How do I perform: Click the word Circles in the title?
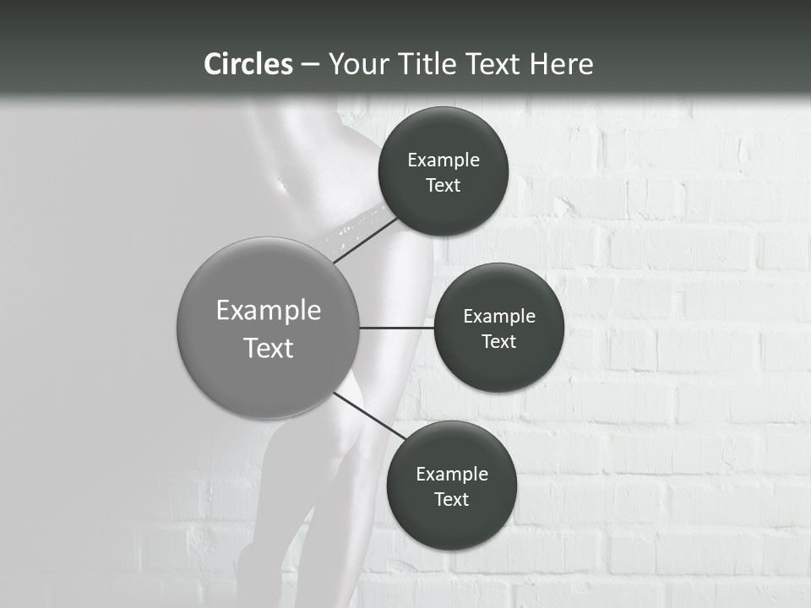[x=248, y=64]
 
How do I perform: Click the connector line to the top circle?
[x=366, y=240]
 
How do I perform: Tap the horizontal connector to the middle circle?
[x=397, y=328]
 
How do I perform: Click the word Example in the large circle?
[x=269, y=311]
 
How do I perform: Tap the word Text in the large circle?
[x=269, y=348]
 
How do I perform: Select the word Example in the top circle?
[x=443, y=160]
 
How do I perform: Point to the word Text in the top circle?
[x=443, y=186]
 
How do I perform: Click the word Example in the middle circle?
[x=498, y=317]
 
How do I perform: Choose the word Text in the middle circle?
[x=498, y=342]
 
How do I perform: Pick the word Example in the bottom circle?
[x=451, y=475]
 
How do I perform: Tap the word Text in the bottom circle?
[x=451, y=500]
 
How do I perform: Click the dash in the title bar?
[x=309, y=64]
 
